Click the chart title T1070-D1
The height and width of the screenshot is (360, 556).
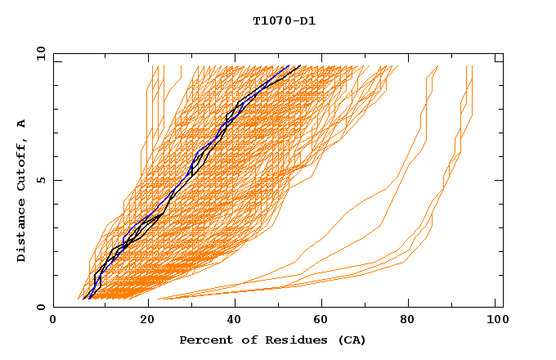284,21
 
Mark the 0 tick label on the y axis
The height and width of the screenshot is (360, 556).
40,308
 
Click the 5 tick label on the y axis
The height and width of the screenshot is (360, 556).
40,180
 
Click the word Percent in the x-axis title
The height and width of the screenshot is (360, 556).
202,340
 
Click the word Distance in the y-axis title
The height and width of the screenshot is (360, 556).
21,233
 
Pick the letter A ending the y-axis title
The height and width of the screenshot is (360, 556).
21,124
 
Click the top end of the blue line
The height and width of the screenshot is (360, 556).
289,65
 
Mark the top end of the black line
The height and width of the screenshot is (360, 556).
300,65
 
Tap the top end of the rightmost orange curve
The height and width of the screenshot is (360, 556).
473,65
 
